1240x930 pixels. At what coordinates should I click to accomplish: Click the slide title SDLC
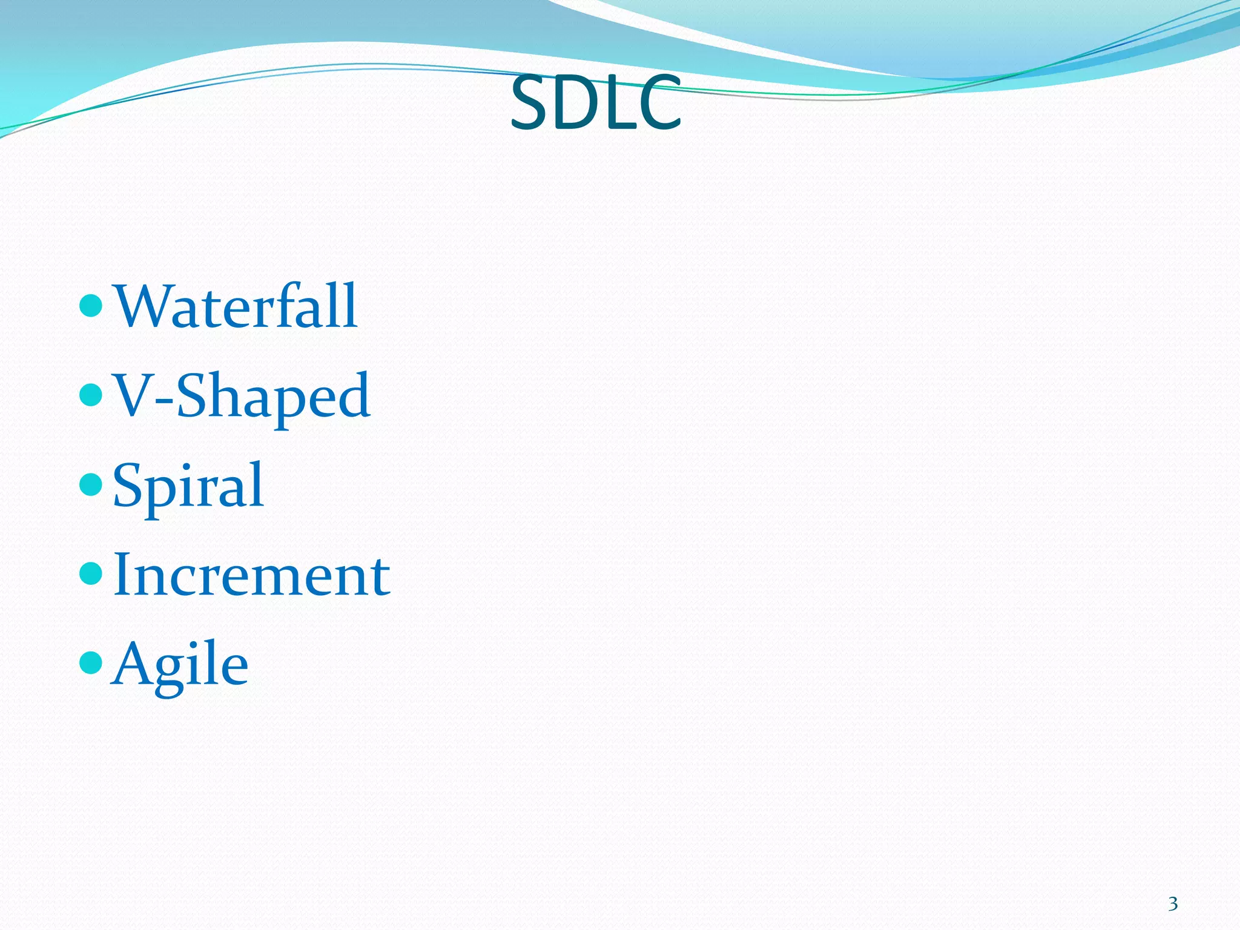tap(596, 103)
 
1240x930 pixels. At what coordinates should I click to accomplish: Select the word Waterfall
tap(236, 306)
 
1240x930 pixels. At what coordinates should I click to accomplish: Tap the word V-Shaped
tap(242, 396)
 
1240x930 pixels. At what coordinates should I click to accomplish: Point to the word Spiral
tap(188, 486)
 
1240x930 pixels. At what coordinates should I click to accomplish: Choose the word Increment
tap(251, 575)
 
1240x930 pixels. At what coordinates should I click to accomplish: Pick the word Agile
tap(180, 664)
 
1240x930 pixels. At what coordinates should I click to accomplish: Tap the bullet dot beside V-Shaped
tap(91, 395)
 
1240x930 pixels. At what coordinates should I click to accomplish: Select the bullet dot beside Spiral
tap(91, 484)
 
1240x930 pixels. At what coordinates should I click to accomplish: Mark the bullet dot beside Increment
tap(91, 573)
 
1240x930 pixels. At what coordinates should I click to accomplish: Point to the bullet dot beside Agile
tap(91, 663)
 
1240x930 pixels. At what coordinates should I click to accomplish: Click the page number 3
tap(1173, 904)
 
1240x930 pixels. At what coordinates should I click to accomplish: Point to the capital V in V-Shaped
tap(133, 395)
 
